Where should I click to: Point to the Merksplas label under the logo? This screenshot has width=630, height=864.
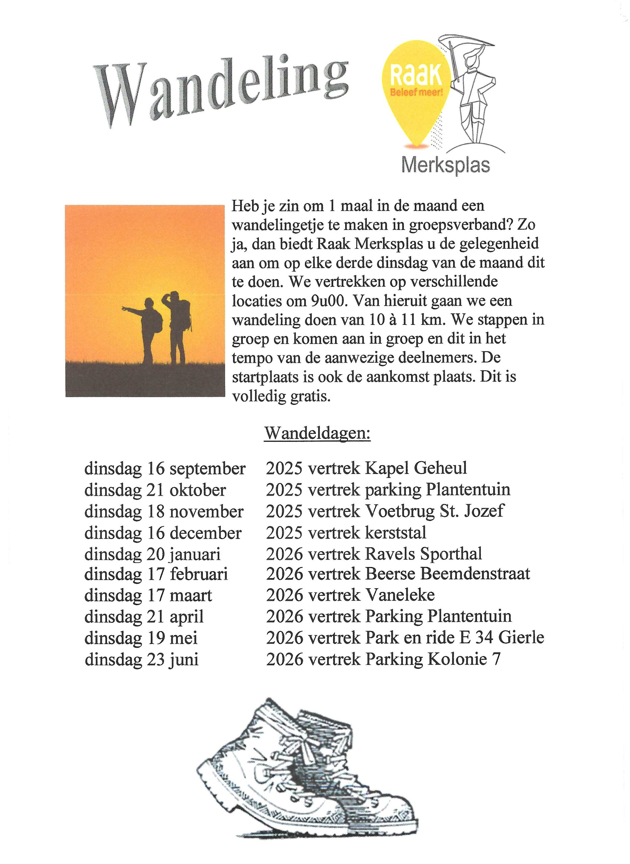(x=446, y=166)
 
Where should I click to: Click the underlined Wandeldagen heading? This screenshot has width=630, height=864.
(x=317, y=434)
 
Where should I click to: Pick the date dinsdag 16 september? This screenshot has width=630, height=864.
(x=165, y=469)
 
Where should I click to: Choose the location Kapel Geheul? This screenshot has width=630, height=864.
(x=416, y=468)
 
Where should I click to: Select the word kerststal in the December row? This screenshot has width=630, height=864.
(x=396, y=533)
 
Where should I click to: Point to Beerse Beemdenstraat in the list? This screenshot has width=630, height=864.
(x=448, y=574)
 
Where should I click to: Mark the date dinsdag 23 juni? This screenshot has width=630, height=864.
(x=141, y=659)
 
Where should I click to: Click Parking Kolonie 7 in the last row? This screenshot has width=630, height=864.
(x=433, y=659)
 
